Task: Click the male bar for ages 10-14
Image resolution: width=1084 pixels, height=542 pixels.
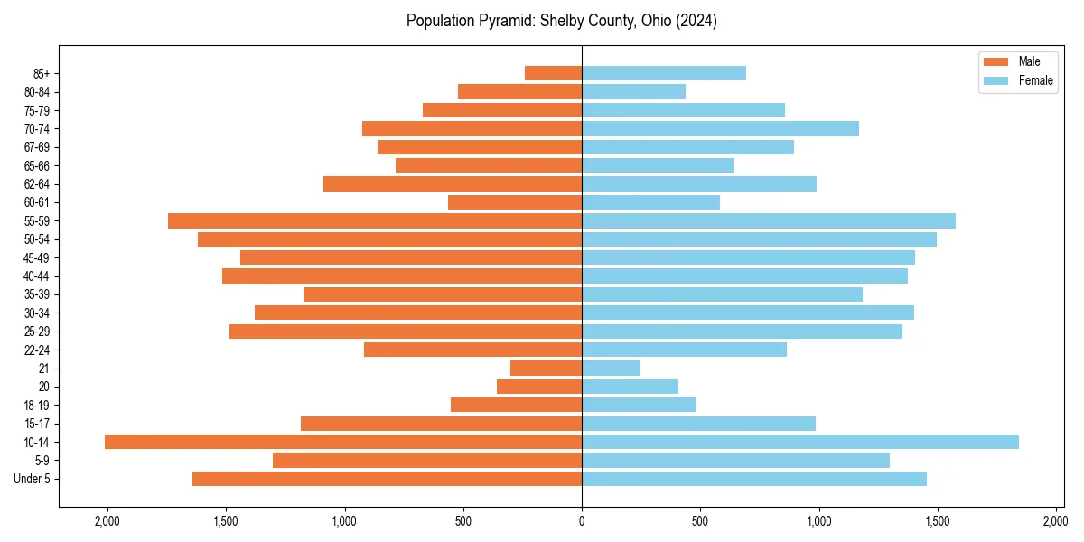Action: pyautogui.click(x=343, y=442)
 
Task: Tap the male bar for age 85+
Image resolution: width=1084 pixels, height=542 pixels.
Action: pyautogui.click(x=553, y=73)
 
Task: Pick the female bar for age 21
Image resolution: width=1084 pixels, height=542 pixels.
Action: pyautogui.click(x=612, y=368)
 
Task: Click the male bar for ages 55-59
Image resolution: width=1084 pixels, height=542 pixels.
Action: pyautogui.click(x=375, y=220)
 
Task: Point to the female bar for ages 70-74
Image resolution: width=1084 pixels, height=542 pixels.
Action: pyautogui.click(x=720, y=128)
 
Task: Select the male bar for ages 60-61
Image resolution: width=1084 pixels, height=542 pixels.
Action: pyautogui.click(x=515, y=202)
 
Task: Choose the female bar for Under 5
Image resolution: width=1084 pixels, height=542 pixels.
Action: pyautogui.click(x=754, y=479)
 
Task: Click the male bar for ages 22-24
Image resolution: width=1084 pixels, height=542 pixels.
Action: pyautogui.click(x=472, y=350)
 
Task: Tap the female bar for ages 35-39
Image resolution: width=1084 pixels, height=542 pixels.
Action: pyautogui.click(x=722, y=294)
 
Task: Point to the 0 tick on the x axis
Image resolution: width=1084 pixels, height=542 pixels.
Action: pyautogui.click(x=582, y=521)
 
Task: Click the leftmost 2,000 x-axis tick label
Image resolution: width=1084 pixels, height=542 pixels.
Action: pyautogui.click(x=107, y=521)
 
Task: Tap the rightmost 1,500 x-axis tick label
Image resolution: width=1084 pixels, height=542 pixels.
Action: pyautogui.click(x=938, y=521)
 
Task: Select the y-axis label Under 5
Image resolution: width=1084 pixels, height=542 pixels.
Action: pyautogui.click(x=33, y=479)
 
